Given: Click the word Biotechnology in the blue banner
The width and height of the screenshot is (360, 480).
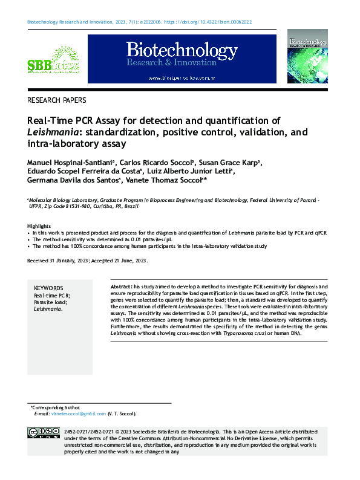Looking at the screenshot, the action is (x=173, y=50).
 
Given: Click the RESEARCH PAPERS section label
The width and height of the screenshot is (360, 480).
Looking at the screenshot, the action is (x=57, y=100).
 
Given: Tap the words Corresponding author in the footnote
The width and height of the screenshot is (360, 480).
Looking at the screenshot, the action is (x=56, y=407).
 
